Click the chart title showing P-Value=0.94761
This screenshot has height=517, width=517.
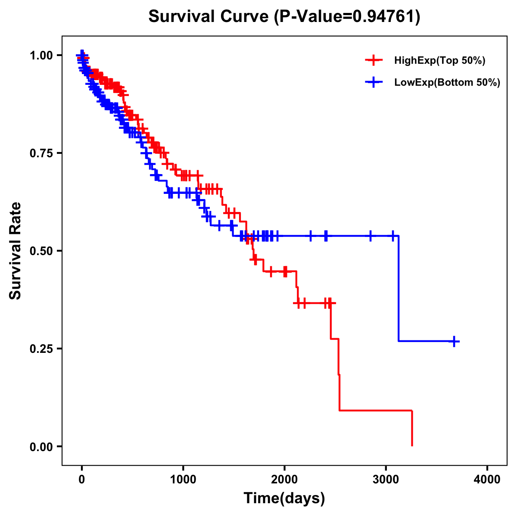coord(284,17)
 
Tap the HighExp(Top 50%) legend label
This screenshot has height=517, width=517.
coord(439,61)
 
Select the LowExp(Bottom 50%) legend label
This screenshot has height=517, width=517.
coord(447,83)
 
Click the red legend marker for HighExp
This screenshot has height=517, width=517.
coord(374,61)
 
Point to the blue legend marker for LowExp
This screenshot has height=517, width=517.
coord(374,83)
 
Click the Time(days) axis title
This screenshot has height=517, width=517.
coord(284,498)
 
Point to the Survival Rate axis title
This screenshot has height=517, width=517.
coord(16,251)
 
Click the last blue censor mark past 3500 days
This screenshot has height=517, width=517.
coord(454,341)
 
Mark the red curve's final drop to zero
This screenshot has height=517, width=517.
coord(412,429)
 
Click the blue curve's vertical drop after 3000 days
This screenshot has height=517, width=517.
coord(399,289)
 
